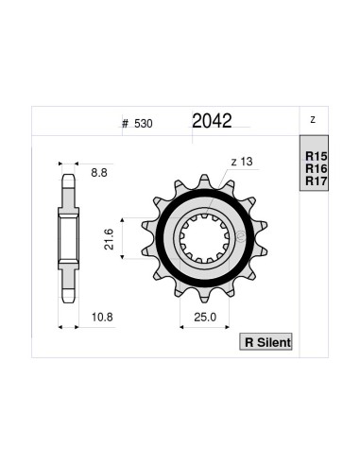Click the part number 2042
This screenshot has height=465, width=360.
click(213, 121)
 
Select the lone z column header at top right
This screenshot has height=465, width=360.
click(312, 120)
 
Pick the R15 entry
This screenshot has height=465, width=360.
click(315, 154)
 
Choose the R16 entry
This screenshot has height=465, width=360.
click(315, 167)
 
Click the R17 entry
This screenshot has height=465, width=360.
click(315, 181)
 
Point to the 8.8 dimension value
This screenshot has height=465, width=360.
click(99, 174)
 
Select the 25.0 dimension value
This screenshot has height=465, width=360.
click(205, 316)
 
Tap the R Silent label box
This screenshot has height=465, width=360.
click(267, 341)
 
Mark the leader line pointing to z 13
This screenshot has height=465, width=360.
click(225, 177)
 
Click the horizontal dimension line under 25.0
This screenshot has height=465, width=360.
click(205, 326)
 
